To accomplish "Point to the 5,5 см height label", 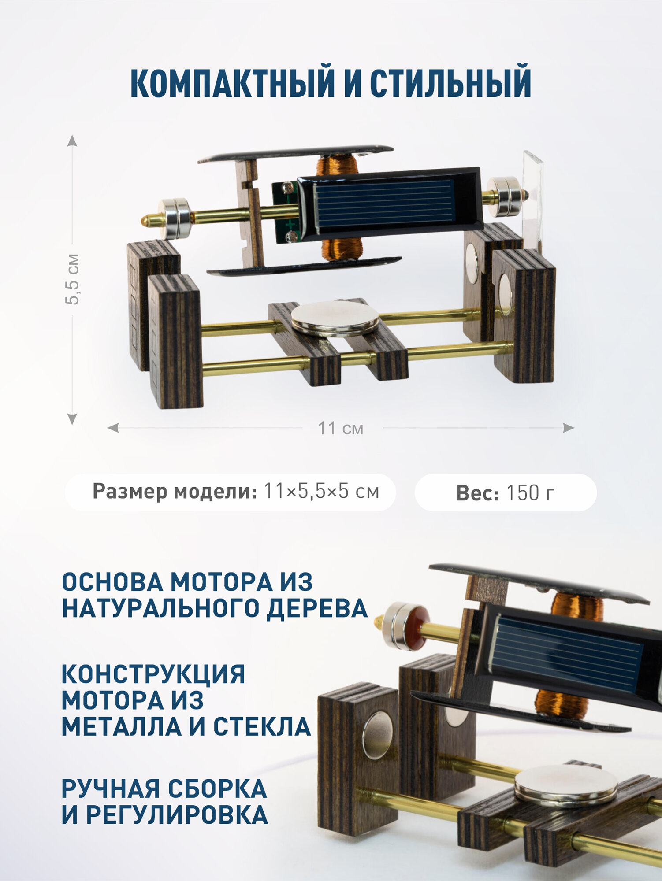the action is click(72, 279).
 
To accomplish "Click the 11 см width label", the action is click(341, 428).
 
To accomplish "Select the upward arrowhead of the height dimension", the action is click(72, 140).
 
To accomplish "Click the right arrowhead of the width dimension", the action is click(569, 428).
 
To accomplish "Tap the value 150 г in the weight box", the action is click(530, 492).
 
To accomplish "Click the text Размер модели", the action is click(175, 492).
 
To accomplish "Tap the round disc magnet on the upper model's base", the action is click(335, 318).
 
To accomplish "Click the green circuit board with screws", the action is click(286, 212).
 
